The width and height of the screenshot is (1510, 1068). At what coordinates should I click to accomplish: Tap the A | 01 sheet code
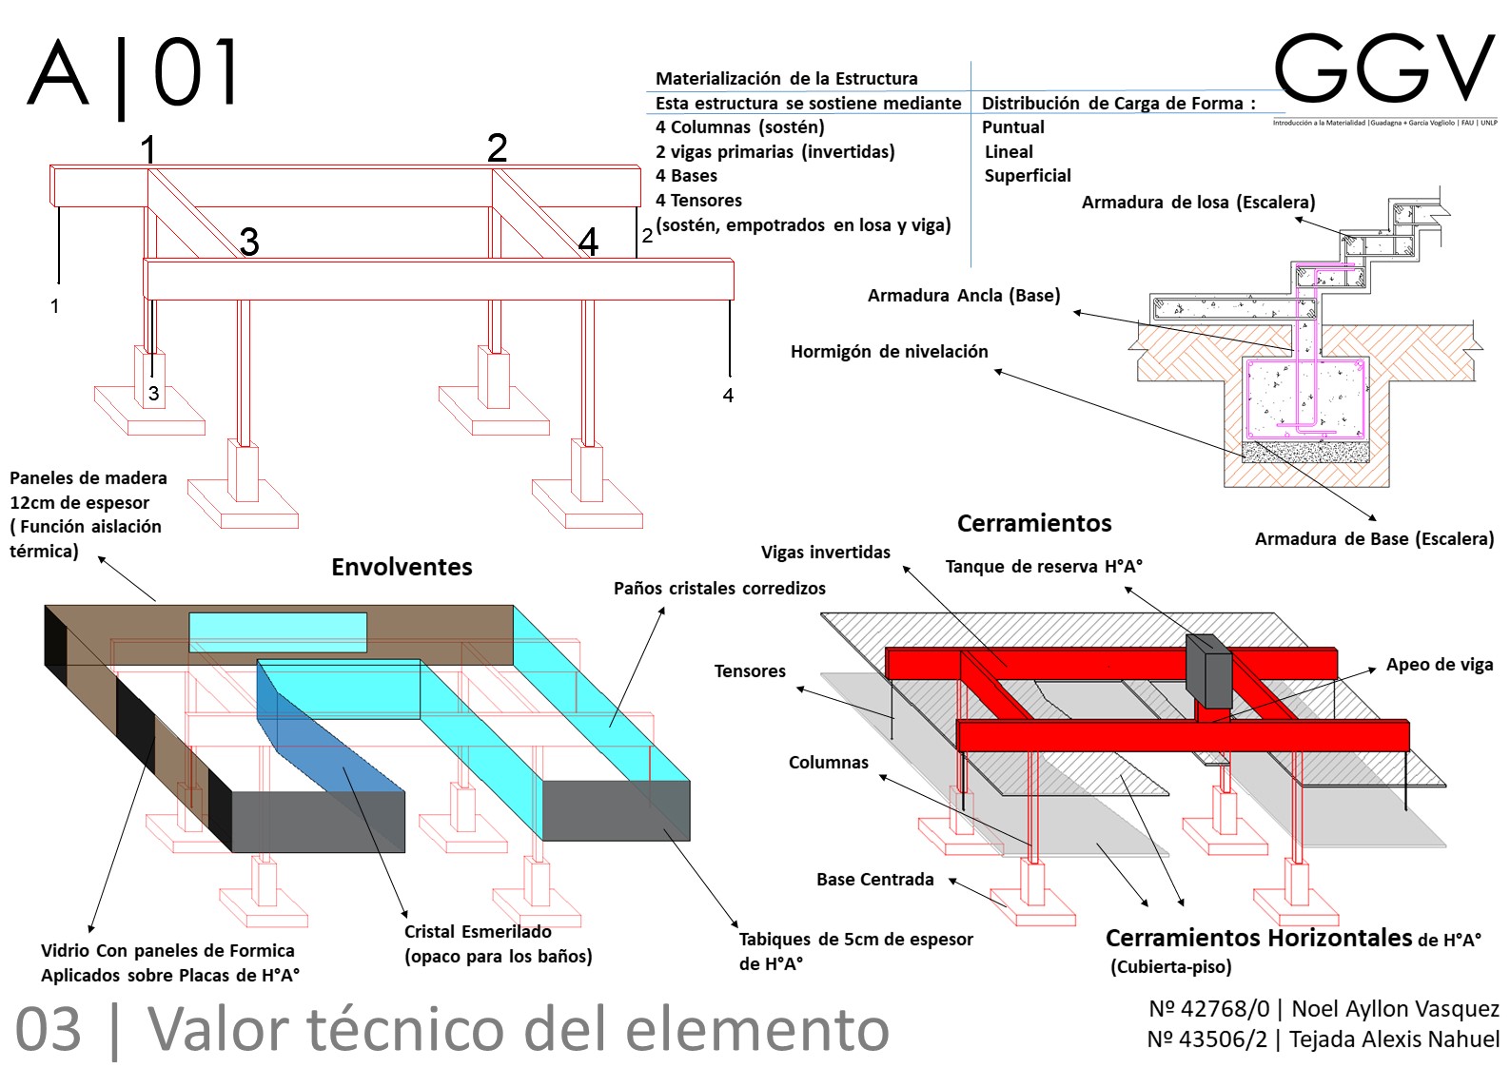point(133,73)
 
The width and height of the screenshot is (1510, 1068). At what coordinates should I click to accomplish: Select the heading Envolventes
point(402,567)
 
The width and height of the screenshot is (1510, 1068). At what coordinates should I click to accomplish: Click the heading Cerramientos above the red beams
point(1034,523)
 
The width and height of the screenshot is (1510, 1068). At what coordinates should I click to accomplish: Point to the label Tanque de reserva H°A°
point(1044,567)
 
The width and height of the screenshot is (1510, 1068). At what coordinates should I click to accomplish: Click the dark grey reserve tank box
point(1208,670)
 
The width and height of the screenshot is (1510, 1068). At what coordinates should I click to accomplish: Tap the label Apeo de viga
point(1439,665)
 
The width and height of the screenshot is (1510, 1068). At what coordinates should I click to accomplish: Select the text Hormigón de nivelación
point(889,352)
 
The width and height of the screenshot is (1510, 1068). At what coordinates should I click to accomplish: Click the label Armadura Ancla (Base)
point(963,296)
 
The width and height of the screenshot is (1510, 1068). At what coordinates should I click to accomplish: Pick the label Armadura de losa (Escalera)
point(1198,203)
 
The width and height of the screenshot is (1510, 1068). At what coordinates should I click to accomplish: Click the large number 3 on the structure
point(249,243)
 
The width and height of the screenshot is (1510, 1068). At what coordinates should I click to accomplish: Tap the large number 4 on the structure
point(588,243)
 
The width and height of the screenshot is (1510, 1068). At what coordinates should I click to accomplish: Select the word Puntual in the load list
point(1012,127)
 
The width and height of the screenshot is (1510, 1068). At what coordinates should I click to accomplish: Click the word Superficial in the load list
point(1027,176)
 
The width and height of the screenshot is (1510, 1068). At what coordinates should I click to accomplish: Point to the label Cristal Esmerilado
point(478,932)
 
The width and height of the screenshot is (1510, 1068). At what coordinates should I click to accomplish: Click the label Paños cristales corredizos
point(719,589)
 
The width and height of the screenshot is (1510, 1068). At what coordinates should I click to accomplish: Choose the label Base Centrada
point(874,880)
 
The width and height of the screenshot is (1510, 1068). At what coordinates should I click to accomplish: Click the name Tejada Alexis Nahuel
point(1394,1039)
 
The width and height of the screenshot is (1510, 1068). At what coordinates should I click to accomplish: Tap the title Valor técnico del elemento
point(519,1029)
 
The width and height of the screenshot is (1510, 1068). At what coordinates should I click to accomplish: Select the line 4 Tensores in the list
point(698,201)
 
